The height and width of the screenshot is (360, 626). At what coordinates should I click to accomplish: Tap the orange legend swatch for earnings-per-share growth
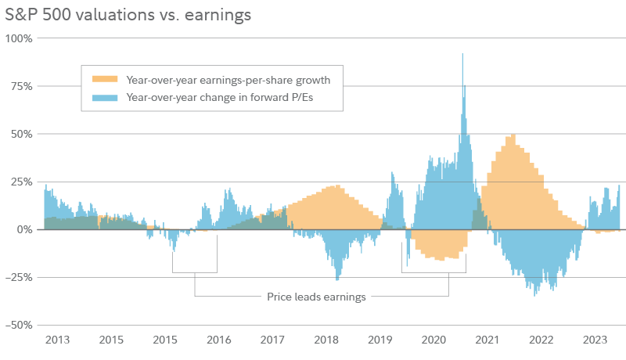tap(104, 79)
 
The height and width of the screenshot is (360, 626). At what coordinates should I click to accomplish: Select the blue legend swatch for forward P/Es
tap(104, 98)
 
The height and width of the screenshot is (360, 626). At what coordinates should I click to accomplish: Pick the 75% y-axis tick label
tap(20, 85)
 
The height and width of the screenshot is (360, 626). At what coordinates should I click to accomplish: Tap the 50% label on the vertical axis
tap(20, 134)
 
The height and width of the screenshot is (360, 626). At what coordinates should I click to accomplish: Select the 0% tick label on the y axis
tap(23, 229)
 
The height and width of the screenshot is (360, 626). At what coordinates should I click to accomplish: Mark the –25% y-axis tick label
tap(18, 277)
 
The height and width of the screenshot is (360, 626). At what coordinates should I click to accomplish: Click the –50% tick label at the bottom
tap(18, 325)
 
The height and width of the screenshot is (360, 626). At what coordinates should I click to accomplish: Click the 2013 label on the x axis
tap(57, 340)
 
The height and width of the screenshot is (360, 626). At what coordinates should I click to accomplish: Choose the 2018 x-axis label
tap(326, 340)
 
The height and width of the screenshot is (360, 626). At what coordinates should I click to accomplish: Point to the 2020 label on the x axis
tap(434, 340)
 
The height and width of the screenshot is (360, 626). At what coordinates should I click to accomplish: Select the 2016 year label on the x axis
tap(218, 340)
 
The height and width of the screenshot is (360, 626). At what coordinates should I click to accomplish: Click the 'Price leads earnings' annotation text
tap(316, 297)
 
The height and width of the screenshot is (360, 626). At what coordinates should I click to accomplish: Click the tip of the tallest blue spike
tap(462, 54)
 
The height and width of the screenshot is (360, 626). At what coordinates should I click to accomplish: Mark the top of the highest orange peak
tap(512, 135)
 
